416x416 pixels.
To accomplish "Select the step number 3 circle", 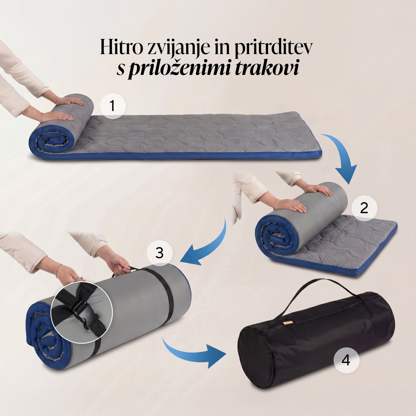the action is pyautogui.click(x=159, y=252).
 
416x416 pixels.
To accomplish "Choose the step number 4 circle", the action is pyautogui.click(x=347, y=361).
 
